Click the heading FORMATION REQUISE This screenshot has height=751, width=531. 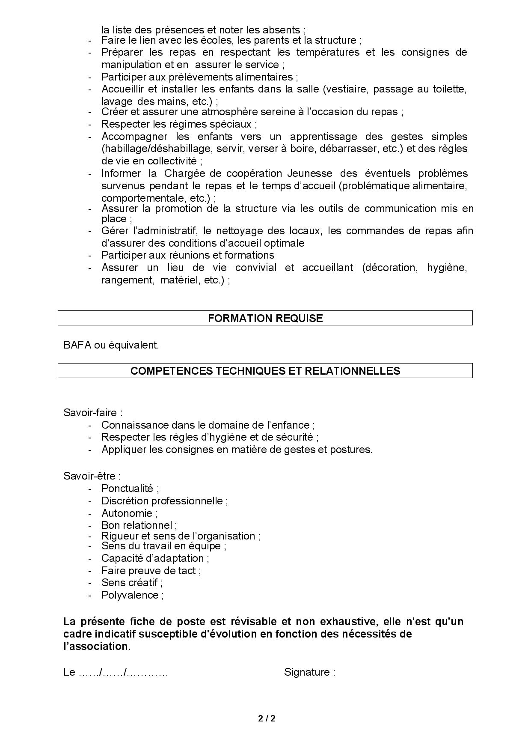265,318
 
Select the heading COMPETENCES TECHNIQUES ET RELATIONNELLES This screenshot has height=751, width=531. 265,371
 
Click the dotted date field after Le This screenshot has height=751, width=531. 123,672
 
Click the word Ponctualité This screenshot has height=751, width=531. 127,489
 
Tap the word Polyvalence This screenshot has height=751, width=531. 130,595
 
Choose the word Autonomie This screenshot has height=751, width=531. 127,513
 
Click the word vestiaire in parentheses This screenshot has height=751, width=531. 345,89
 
